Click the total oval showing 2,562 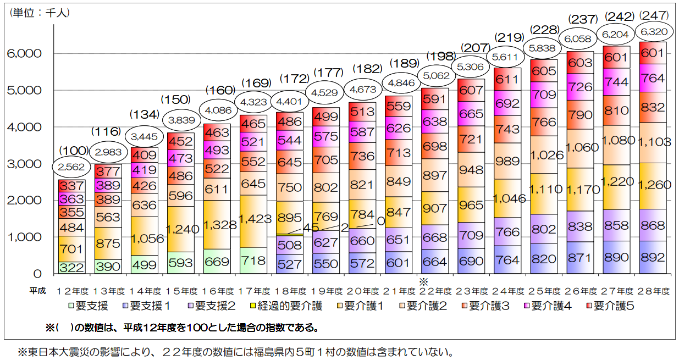[71, 166]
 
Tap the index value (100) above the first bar [71, 151]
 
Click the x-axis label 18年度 [290, 291]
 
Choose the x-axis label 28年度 [653, 291]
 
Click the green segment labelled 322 [71, 268]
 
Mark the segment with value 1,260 [653, 186]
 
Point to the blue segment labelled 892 [653, 257]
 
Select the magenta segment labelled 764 [653, 78]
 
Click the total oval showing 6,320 [653, 32]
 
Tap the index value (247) [653, 15]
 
